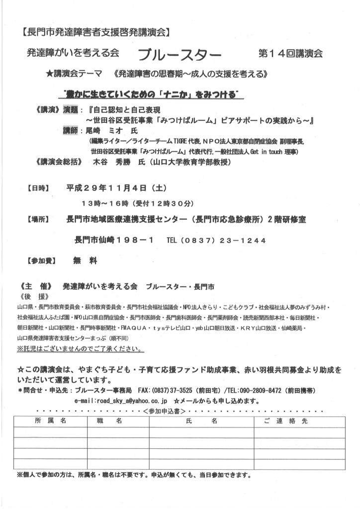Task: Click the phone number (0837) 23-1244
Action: [225, 240]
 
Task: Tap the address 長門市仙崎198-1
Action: [114, 240]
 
